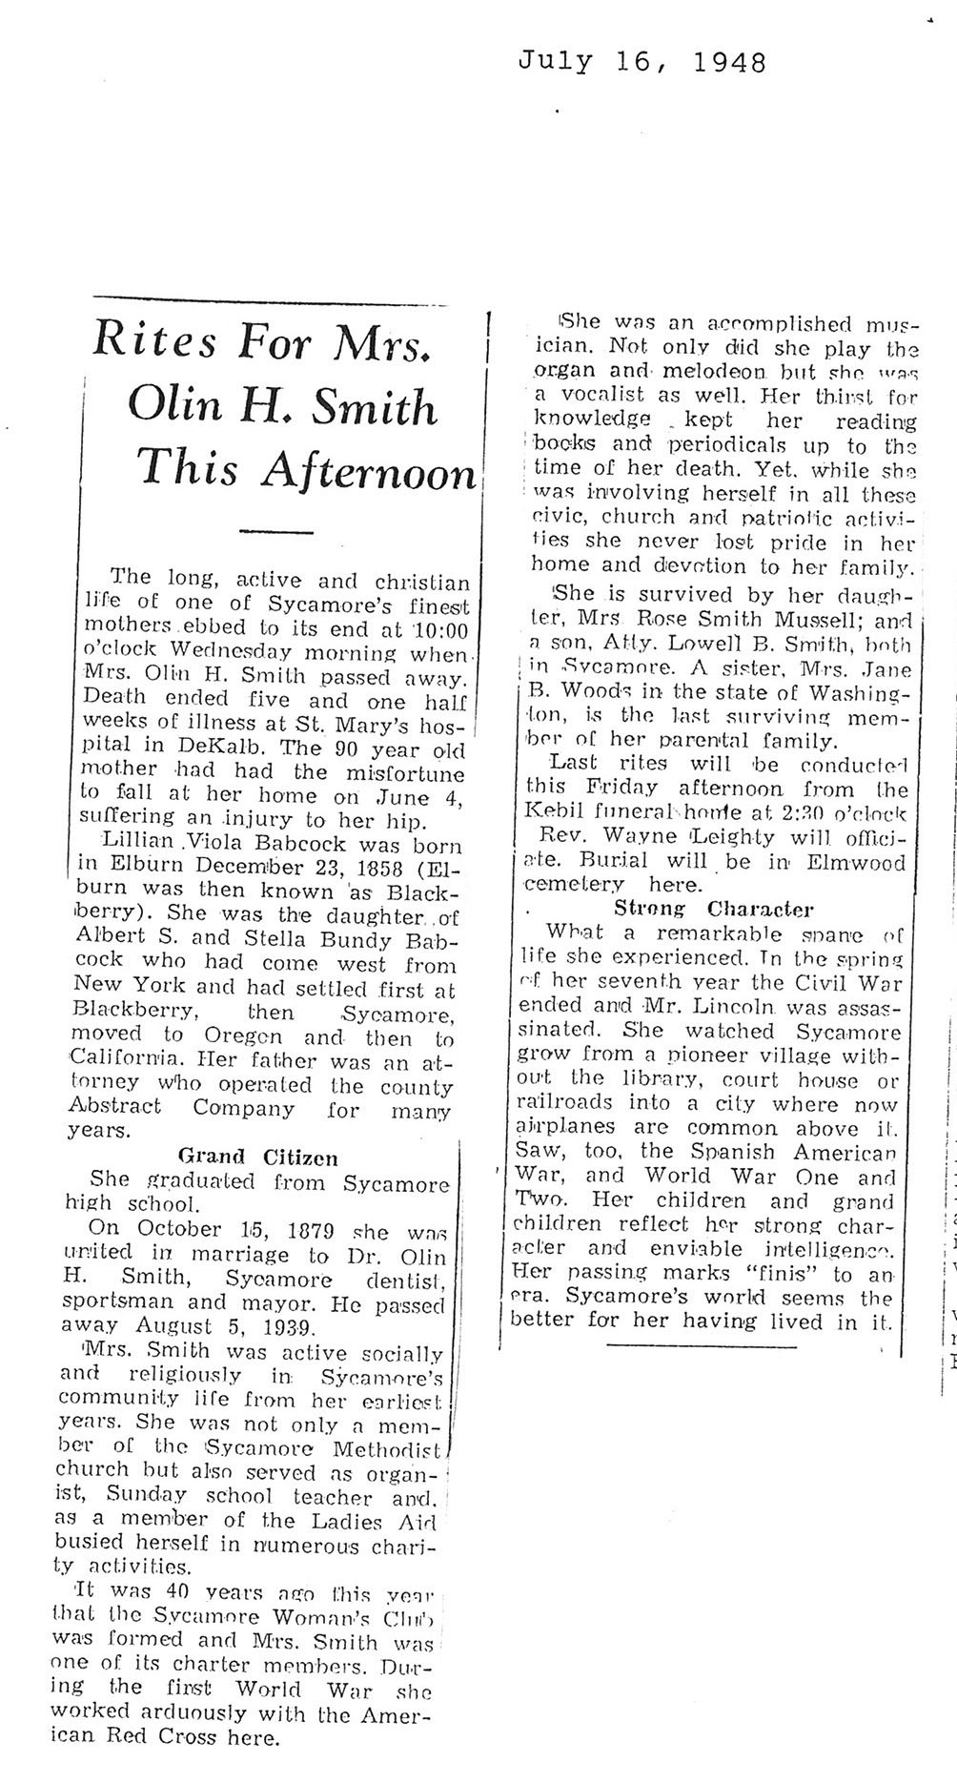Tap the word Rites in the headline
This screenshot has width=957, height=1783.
[x=157, y=341]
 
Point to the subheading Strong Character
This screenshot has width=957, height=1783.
[x=713, y=909]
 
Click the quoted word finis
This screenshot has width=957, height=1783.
[x=776, y=1274]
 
